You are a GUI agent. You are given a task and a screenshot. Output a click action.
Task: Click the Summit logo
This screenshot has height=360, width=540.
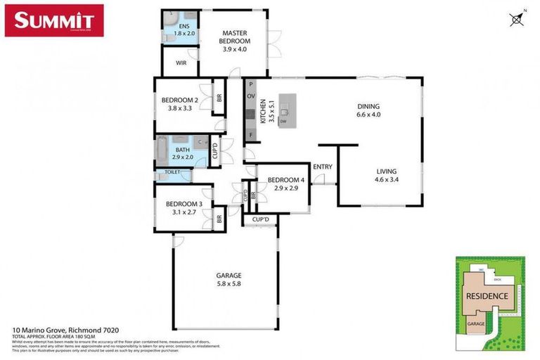click(54, 20)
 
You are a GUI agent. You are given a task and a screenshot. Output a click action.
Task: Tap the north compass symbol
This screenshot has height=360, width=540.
click(517, 19)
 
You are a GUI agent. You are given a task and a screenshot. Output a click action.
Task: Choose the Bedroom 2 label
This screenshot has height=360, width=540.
click(179, 105)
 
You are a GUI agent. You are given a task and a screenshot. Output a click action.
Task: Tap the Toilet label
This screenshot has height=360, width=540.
click(172, 172)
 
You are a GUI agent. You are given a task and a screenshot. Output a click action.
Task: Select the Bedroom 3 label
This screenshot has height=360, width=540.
click(184, 208)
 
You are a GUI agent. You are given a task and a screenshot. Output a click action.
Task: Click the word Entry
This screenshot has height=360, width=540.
click(323, 167)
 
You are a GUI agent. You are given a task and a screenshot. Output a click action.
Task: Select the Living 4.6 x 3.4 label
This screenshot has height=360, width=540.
click(386, 175)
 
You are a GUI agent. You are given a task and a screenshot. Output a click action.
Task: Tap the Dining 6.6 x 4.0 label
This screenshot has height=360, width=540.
click(368, 110)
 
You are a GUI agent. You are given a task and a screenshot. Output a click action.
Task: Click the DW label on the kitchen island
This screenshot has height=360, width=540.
click(283, 122)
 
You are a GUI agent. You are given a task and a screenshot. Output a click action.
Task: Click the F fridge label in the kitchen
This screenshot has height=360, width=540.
click(250, 134)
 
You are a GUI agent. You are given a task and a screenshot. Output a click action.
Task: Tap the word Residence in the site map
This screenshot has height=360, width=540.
click(487, 296)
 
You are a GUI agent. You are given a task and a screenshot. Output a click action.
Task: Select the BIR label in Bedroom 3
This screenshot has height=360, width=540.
click(219, 219)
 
